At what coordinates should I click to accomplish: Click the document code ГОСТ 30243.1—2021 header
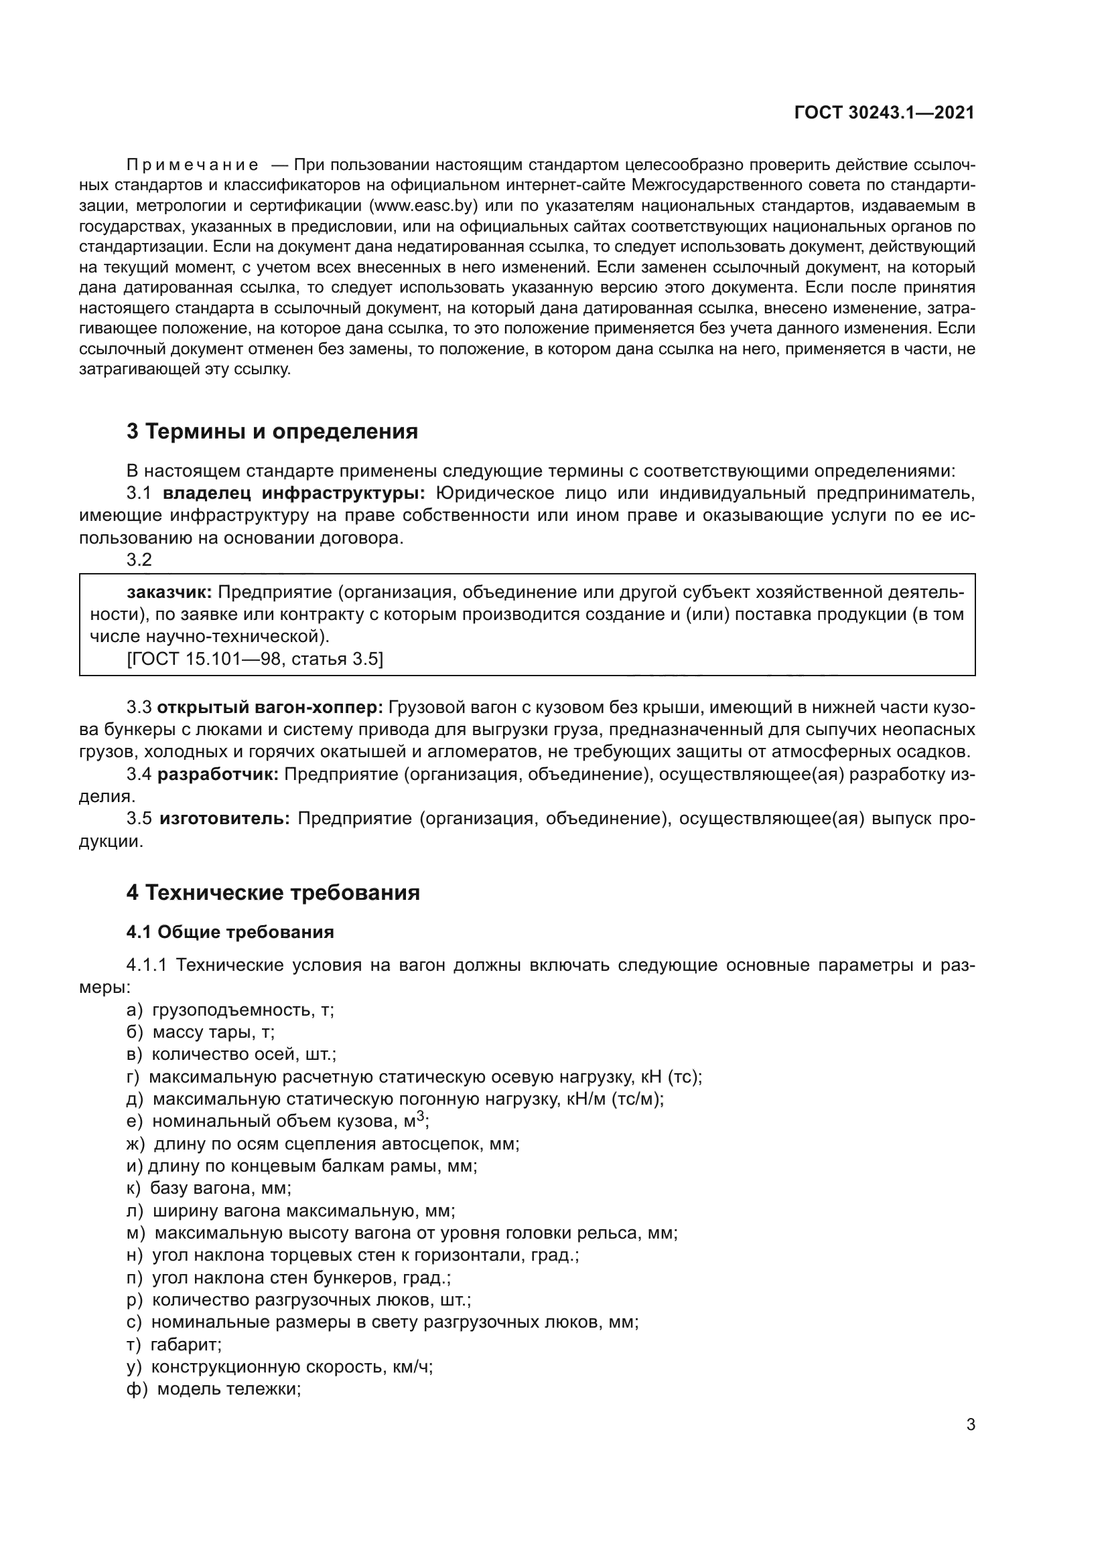tap(884, 112)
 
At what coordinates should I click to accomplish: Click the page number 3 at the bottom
tap(970, 1425)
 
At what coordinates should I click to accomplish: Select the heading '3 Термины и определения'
tap(271, 432)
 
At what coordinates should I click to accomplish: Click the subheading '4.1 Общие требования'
tap(230, 933)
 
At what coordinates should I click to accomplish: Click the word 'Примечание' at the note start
tap(192, 165)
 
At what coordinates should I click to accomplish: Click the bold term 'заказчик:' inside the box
tap(169, 592)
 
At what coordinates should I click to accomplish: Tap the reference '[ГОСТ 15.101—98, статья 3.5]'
tap(255, 659)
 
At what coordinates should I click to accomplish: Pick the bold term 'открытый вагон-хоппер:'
tap(270, 708)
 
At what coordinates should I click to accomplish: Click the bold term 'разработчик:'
tap(218, 775)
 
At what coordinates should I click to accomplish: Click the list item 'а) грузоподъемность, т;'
tap(230, 1011)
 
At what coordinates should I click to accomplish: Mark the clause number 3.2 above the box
tap(139, 560)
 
